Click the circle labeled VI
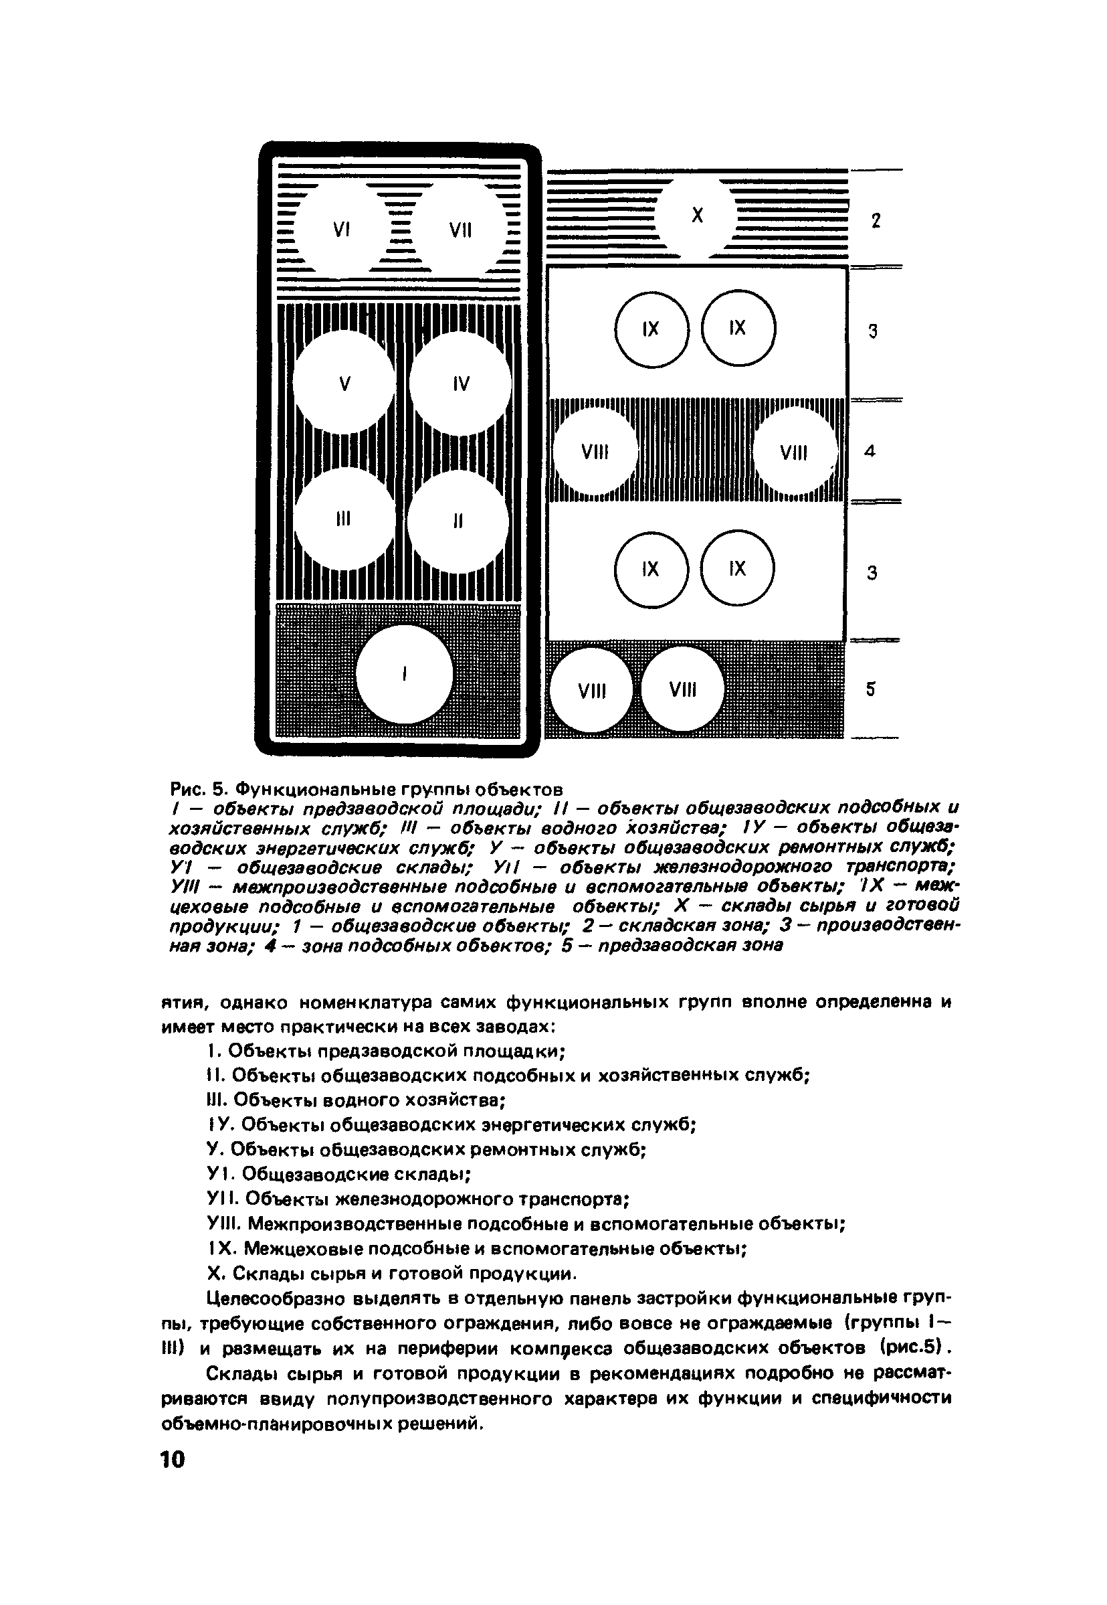[341, 229]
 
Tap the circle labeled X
[697, 216]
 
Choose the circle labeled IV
[461, 383]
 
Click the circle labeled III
[343, 518]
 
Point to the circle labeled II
[458, 521]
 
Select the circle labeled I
[405, 673]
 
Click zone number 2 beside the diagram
[876, 221]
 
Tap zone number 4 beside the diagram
[870, 451]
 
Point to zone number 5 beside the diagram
[870, 689]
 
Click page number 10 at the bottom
[173, 1459]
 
